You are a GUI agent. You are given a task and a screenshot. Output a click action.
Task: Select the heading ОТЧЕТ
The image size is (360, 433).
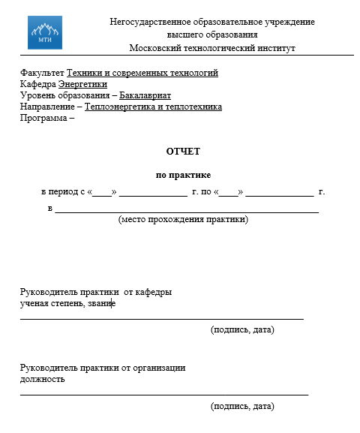[183, 152]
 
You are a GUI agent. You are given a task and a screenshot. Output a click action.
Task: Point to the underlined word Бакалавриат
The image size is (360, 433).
[145, 96]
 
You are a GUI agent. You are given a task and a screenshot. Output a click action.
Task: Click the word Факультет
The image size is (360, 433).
[42, 74]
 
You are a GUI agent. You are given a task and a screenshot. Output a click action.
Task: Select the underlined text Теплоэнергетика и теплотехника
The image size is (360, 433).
[153, 107]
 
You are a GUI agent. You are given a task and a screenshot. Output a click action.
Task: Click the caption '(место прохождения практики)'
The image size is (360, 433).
[183, 220]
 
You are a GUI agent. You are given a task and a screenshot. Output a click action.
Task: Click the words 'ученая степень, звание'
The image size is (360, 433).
[67, 304]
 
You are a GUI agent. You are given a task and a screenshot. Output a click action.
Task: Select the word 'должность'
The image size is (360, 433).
[42, 379]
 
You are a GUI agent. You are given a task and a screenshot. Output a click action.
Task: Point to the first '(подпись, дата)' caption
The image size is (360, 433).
[242, 330]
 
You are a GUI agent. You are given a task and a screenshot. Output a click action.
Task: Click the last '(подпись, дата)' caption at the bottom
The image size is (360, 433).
[242, 407]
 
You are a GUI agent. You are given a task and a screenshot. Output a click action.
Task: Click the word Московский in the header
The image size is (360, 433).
[156, 47]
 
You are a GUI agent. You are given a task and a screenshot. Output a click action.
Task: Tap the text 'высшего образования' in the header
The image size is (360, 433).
[212, 35]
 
